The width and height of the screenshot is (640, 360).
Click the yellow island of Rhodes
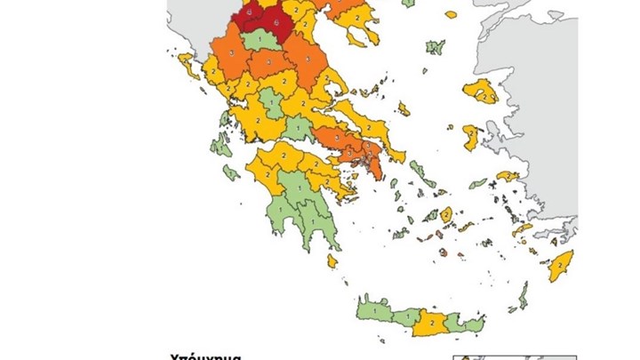[561, 264]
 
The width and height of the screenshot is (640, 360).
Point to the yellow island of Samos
[508, 176]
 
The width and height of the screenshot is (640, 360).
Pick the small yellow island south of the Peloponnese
[332, 260]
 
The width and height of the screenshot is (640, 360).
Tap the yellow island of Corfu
[189, 65]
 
